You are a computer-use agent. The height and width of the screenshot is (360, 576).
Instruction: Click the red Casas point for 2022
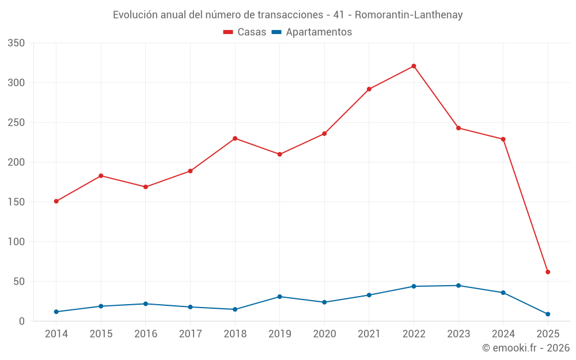tap(414, 66)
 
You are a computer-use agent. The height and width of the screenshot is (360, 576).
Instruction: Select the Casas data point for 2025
tap(548, 272)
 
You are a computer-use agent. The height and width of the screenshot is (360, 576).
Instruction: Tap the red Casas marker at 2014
tap(56, 201)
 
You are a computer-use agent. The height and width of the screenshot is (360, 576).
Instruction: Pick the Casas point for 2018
tap(235, 138)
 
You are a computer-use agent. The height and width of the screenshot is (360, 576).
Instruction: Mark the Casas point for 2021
tap(369, 89)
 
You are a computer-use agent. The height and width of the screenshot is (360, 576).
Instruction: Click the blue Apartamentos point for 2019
tap(279, 297)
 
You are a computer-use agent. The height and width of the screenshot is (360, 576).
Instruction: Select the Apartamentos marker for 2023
tap(458, 286)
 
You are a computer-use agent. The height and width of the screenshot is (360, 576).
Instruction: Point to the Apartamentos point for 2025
tap(548, 314)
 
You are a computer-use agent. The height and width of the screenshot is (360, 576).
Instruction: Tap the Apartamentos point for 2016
tap(145, 304)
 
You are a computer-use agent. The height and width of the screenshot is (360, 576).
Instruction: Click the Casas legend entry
tap(245, 32)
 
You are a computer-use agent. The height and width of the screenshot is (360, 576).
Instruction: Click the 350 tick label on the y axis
tap(17, 43)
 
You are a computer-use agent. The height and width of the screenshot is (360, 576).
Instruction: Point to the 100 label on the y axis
tap(17, 242)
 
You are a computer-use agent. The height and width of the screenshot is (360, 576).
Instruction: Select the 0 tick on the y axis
tap(22, 321)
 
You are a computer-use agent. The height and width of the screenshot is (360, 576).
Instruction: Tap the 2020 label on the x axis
tap(324, 334)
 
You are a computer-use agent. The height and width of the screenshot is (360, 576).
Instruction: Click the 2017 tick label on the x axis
tap(190, 334)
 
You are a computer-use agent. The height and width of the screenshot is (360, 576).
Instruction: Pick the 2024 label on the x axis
tap(503, 334)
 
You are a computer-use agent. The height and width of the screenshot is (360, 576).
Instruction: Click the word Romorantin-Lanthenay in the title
tap(408, 15)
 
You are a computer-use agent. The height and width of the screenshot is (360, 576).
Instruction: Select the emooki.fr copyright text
tap(526, 348)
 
